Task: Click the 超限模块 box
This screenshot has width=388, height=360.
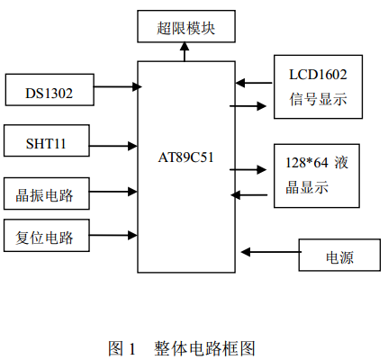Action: point(186,26)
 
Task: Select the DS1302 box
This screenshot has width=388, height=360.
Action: point(50,90)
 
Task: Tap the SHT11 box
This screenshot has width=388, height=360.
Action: point(47,140)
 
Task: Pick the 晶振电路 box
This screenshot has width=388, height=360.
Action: point(47,193)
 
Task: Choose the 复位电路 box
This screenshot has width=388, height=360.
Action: point(47,235)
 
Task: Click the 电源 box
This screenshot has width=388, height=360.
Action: point(339,255)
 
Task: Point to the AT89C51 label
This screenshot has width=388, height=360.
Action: point(185,157)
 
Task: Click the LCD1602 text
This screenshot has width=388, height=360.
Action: point(318,75)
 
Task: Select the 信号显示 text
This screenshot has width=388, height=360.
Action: point(318,99)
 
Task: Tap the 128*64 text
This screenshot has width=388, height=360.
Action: point(307,163)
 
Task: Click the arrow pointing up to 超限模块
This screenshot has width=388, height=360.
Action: point(185,51)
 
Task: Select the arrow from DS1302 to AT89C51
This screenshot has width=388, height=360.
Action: point(118,86)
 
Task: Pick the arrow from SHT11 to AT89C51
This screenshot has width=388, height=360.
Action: point(113,146)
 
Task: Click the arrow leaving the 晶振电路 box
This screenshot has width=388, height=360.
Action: point(113,192)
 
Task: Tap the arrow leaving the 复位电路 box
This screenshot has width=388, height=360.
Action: point(113,235)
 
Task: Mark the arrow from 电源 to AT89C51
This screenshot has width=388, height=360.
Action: point(271,252)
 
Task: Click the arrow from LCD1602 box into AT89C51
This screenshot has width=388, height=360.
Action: point(254,83)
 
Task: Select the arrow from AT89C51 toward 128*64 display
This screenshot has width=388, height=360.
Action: point(248,170)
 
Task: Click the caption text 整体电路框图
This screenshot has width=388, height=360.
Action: point(204,348)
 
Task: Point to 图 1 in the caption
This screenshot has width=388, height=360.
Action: point(122,348)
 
